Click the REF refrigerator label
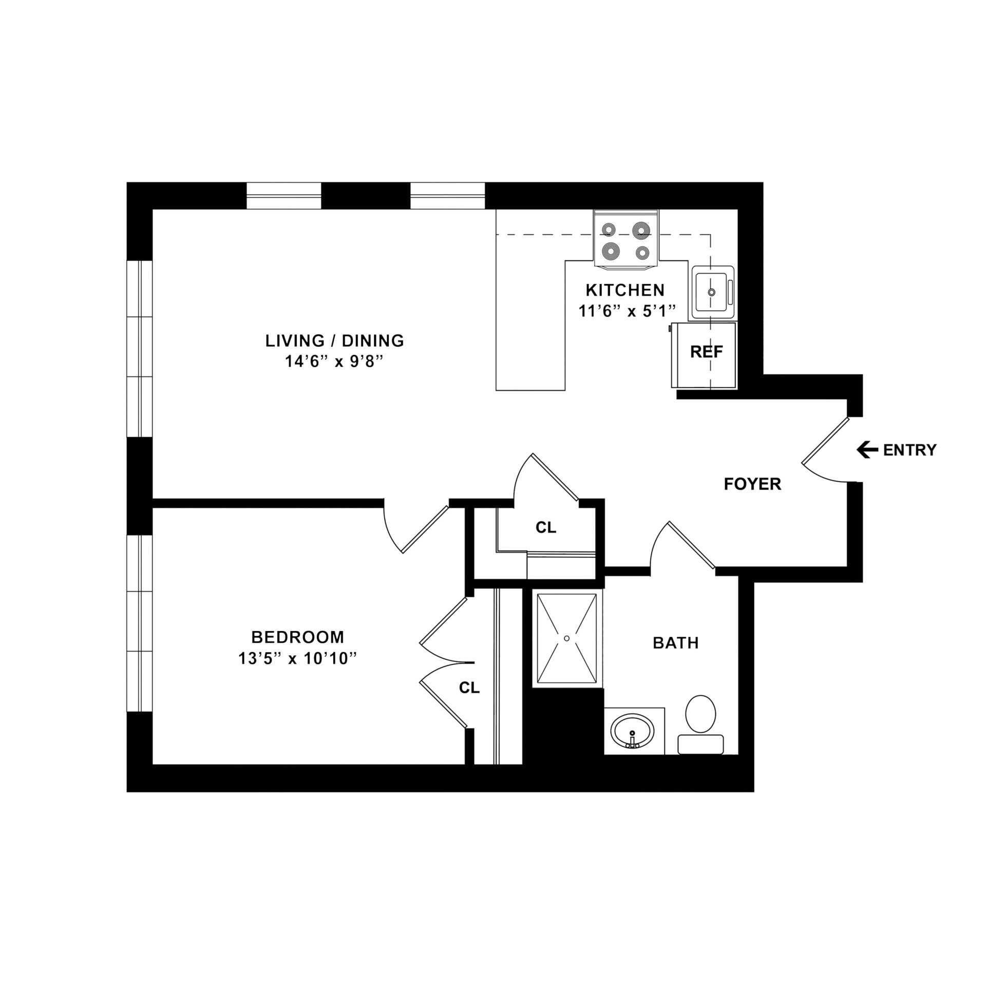click(706, 352)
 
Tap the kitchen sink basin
click(711, 292)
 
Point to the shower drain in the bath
click(566, 638)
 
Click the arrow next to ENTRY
click(867, 450)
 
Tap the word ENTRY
click(909, 450)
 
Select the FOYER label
click(752, 484)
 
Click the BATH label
click(675, 643)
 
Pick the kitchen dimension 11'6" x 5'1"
click(626, 311)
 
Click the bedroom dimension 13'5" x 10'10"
click(297, 658)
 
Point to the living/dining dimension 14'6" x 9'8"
click(334, 362)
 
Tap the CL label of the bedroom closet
click(469, 688)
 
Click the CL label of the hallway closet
click(545, 527)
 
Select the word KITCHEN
click(625, 290)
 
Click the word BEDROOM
click(297, 637)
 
